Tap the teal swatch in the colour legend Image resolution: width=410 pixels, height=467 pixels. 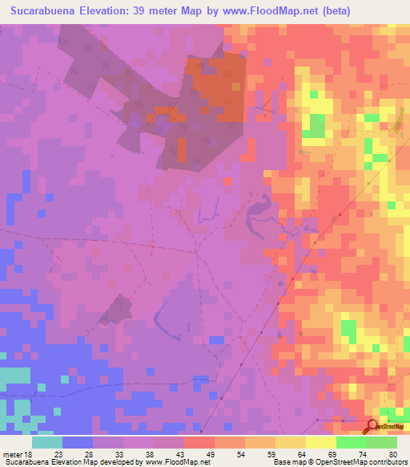click(47, 442)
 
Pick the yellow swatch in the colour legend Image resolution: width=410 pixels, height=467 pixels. click(320, 442)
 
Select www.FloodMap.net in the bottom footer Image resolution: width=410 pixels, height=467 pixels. click(178, 461)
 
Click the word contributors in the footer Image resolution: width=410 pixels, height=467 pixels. click(388, 461)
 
